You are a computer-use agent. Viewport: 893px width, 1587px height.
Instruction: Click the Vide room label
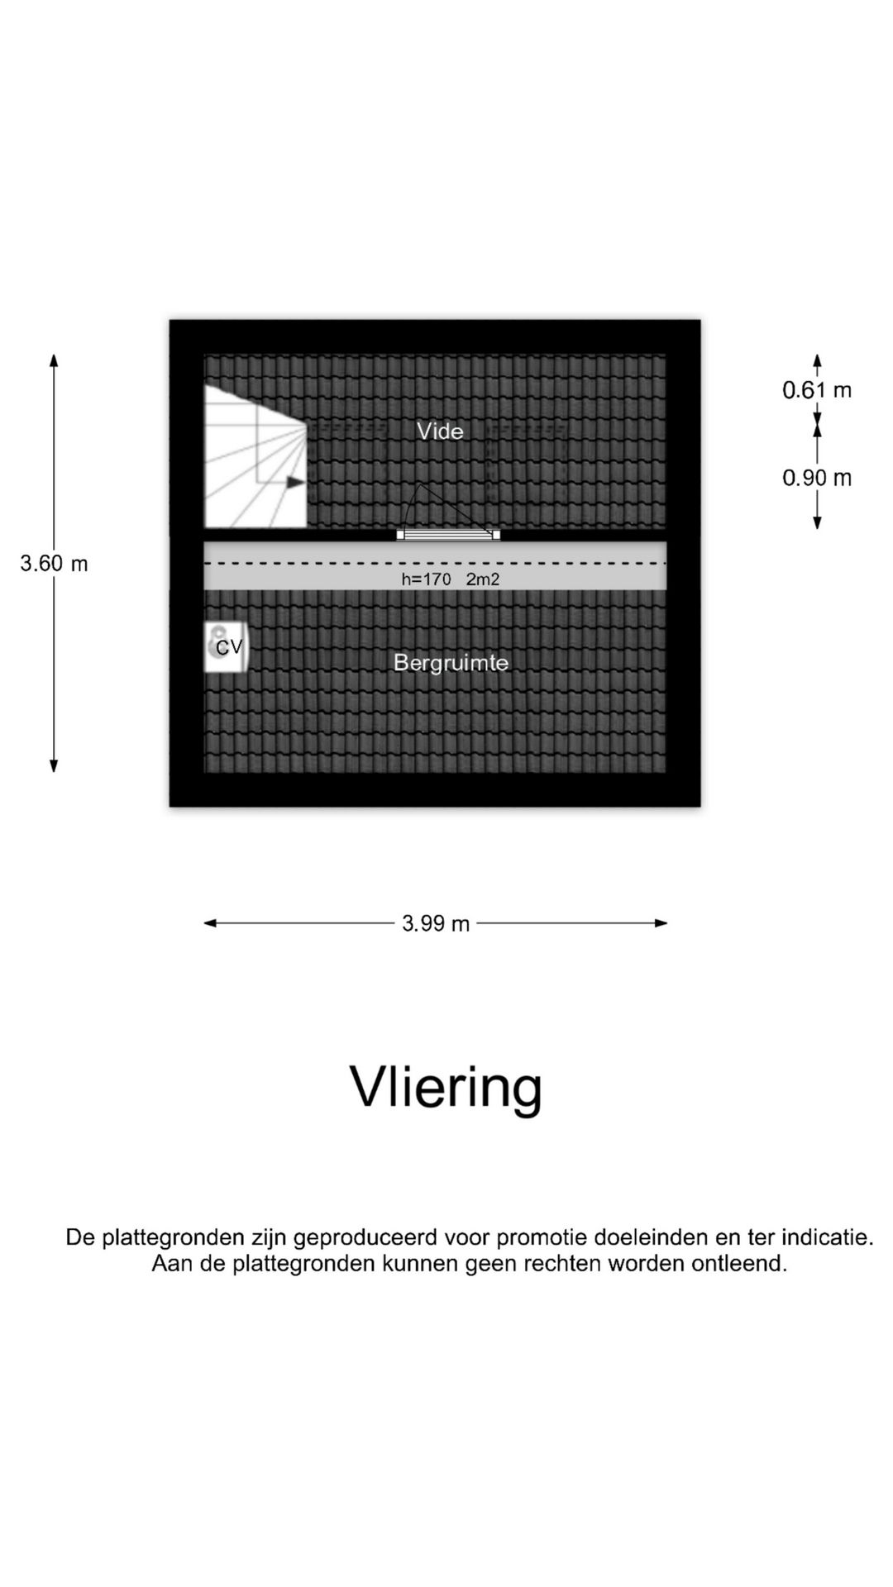point(440,431)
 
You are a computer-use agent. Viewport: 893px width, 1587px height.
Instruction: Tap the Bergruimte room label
point(451,663)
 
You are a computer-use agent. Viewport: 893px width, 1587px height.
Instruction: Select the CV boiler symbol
point(226,647)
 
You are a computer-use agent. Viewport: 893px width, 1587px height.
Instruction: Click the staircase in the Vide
point(255,456)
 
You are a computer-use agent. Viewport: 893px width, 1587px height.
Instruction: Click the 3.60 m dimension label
point(54,564)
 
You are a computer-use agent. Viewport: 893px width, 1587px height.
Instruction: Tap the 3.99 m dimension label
point(436,923)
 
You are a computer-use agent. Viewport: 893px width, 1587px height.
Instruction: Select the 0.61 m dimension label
point(817,390)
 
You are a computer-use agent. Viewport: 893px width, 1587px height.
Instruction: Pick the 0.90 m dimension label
point(817,478)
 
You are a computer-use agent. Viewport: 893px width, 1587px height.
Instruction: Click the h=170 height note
point(427,579)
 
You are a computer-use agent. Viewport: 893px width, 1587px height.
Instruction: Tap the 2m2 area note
point(483,579)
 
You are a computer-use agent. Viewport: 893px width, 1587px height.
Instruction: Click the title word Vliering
point(446,1088)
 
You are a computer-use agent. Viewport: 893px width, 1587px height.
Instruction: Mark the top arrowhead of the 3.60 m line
point(54,360)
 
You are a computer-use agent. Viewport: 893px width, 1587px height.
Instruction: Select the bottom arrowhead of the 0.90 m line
point(817,522)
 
